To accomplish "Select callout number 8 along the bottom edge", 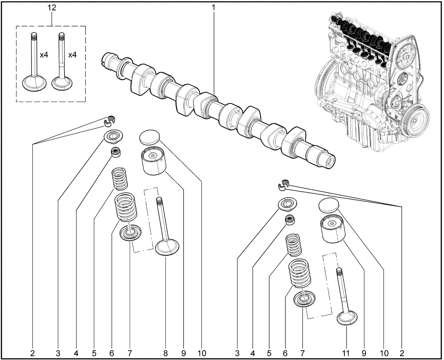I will click(x=165, y=353).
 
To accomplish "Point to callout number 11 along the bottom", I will click(x=345, y=353).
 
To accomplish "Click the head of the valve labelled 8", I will click(x=167, y=247).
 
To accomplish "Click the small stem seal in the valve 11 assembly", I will click(x=289, y=220).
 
